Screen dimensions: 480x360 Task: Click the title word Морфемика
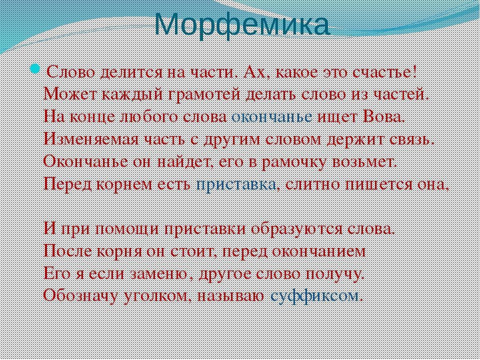pyautogui.click(x=242, y=24)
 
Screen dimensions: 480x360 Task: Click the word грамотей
pyautogui.click(x=205, y=94)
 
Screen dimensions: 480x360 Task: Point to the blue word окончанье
pyautogui.click(x=271, y=117)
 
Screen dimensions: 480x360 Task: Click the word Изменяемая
pyautogui.click(x=90, y=139)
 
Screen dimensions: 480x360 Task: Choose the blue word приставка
pyautogui.click(x=235, y=184)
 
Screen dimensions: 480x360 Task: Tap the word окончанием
pyautogui.click(x=319, y=251)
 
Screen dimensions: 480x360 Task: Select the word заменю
pyautogui.click(x=159, y=273)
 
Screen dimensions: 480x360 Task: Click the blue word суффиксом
pyautogui.click(x=315, y=295)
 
